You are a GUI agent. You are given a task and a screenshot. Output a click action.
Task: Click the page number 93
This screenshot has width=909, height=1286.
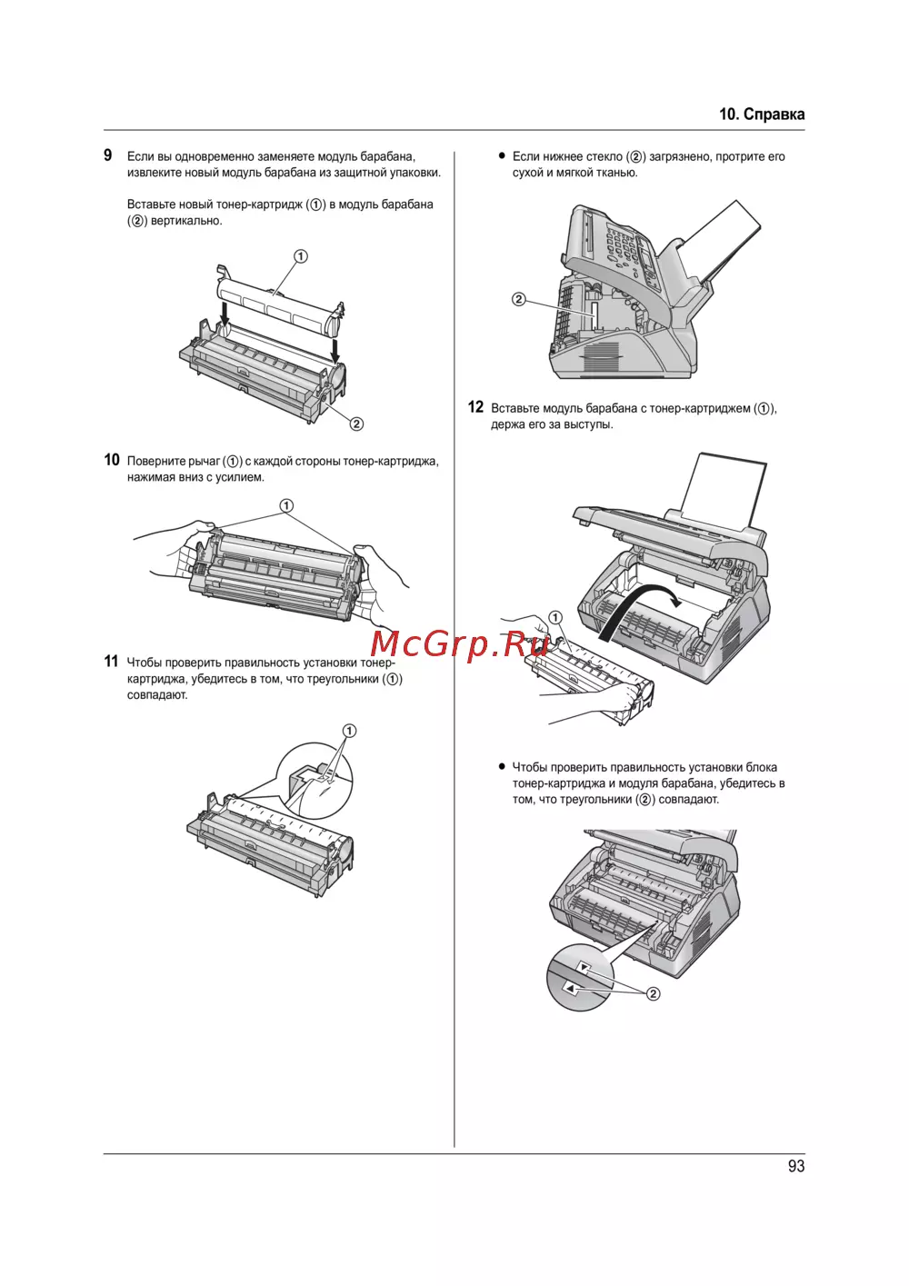coord(796,1166)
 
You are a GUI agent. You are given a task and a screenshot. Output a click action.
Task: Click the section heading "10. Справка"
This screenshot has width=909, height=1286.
coord(762,115)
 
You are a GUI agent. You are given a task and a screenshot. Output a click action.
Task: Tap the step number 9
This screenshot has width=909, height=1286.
coord(108,155)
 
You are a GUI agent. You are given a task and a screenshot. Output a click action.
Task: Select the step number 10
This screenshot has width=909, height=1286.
coord(112,460)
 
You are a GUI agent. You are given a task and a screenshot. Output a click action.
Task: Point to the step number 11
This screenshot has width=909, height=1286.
coord(111,662)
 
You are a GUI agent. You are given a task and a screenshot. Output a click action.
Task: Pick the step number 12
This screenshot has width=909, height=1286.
coord(475,407)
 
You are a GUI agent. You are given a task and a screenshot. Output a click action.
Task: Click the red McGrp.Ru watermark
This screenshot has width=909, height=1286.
coord(459,644)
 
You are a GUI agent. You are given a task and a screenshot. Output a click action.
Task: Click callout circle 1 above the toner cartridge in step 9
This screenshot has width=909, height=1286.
coord(301,256)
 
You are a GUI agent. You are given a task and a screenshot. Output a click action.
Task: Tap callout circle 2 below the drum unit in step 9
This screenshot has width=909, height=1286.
coord(356,424)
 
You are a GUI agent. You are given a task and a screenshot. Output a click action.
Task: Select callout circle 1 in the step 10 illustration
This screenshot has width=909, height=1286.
coord(286,506)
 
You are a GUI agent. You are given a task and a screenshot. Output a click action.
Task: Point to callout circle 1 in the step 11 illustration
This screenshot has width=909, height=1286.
coord(349,731)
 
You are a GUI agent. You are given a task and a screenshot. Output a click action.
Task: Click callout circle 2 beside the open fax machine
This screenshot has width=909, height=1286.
coord(518,299)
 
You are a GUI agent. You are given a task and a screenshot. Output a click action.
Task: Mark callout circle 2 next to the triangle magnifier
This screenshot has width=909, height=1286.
coord(653,994)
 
